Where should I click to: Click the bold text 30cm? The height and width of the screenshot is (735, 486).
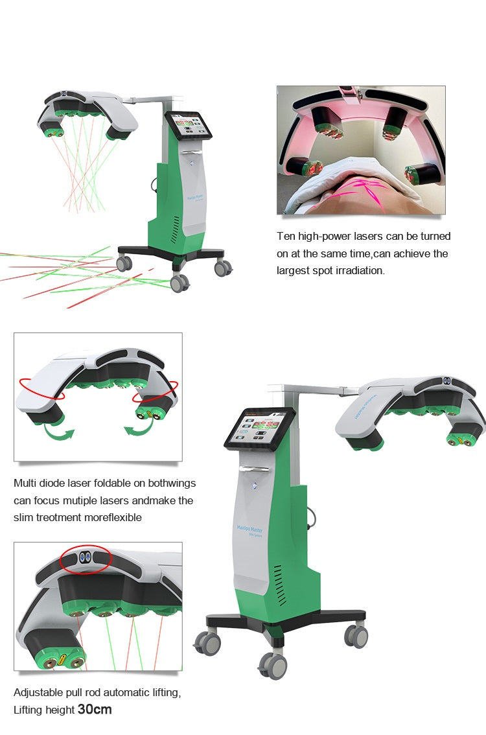point(95,709)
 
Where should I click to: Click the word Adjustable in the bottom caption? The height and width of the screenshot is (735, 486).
point(38,692)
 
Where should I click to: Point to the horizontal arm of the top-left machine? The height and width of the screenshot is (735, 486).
point(148,100)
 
